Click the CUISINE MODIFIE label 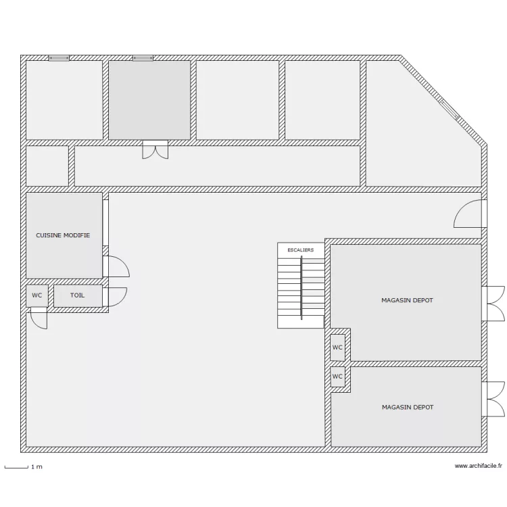click(x=63, y=235)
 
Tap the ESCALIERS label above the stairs click(x=301, y=250)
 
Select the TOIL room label click(x=77, y=295)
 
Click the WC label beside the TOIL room click(x=37, y=295)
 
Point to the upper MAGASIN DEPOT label click(x=407, y=300)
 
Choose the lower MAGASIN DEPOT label click(x=408, y=408)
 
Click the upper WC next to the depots click(x=337, y=347)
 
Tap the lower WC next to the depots click(x=337, y=377)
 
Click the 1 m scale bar click(x=16, y=467)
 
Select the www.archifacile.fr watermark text click(x=478, y=466)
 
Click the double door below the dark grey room click(x=155, y=149)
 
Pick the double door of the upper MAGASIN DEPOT click(x=493, y=304)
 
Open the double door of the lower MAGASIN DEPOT click(x=493, y=400)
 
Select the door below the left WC click(x=39, y=318)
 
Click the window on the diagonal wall click(x=450, y=110)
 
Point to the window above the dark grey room click(x=143, y=58)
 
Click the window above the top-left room click(x=59, y=58)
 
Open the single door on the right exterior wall click(x=470, y=214)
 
